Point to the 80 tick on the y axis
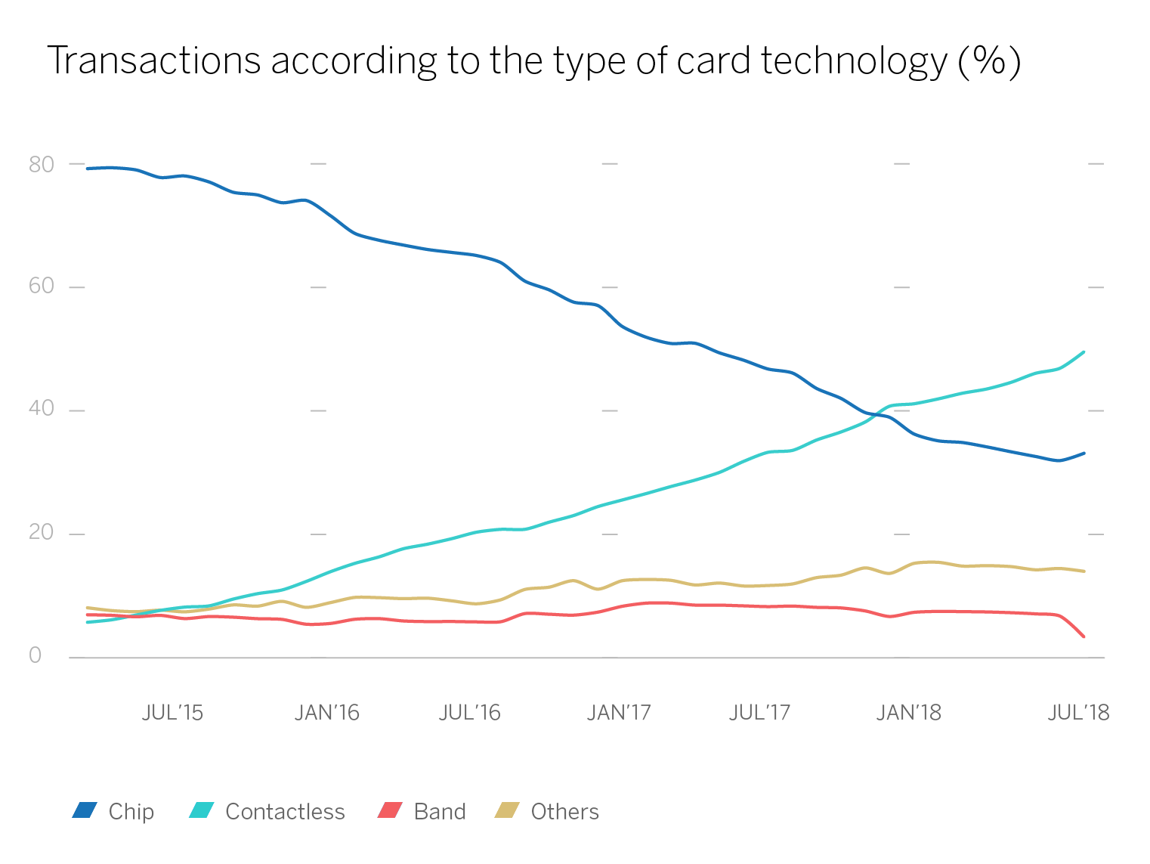pos(42,164)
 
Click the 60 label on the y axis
pos(42,286)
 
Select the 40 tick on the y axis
pos(42,409)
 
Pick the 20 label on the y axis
pos(42,532)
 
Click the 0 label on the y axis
pos(36,655)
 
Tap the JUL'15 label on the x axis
pos(172,713)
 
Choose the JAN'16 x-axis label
pos(326,713)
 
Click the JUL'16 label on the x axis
pos(469,713)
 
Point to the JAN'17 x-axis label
pos(618,713)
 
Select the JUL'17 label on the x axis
pos(759,713)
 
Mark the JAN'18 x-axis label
pos(908,713)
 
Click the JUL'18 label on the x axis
pos(1078,713)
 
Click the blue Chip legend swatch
pos(85,810)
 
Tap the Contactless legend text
pos(285,812)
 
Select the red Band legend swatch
pos(389,810)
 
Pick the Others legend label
pos(564,812)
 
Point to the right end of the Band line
pos(1084,636)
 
